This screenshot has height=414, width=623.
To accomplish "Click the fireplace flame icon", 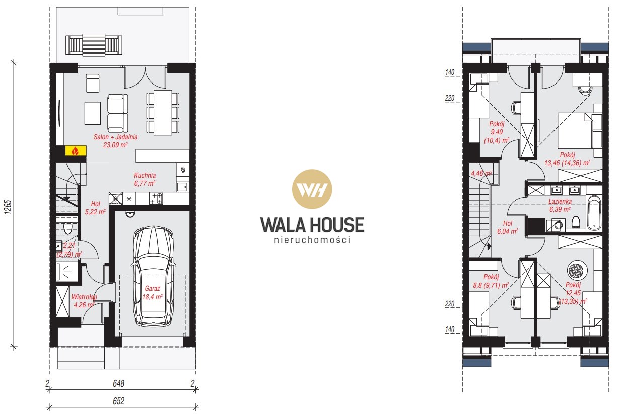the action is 75,151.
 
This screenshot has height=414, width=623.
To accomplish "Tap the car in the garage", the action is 153,276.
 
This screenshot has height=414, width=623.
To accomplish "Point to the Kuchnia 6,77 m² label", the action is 145,179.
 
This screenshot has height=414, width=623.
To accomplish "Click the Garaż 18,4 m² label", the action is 153,293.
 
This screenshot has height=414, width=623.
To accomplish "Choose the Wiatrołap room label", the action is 84,297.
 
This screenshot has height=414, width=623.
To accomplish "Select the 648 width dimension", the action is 118,384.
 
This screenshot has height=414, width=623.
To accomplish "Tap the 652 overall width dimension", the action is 118,401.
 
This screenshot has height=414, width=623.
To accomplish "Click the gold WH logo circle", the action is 312,189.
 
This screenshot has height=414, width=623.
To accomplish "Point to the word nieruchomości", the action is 312,240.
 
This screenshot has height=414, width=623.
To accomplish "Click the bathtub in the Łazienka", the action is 593,213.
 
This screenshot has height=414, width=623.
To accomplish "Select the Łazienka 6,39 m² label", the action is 560,205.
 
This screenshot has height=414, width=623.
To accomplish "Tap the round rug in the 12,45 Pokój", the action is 577,271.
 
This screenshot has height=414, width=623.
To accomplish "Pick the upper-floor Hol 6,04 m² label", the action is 508,227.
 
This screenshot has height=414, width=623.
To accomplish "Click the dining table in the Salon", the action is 163,113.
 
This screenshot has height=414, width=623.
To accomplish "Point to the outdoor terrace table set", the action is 94,44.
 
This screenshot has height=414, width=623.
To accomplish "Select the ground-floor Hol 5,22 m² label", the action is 95,208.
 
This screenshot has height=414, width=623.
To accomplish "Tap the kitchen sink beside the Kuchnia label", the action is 182,187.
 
